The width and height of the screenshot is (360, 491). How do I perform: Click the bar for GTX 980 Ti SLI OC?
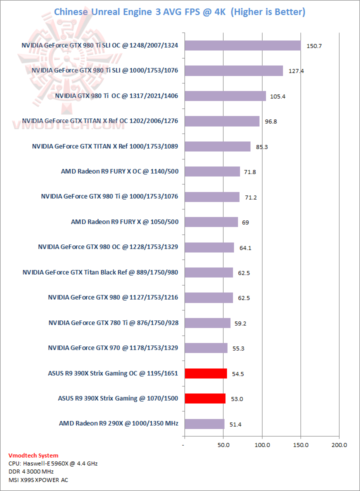pos(242,45)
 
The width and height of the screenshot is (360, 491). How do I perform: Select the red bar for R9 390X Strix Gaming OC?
pos(205,373)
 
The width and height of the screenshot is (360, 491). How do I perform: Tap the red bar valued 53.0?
pos(205,398)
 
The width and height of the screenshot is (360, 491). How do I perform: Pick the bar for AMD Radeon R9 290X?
pos(204,423)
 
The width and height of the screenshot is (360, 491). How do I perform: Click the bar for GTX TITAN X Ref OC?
pos(221,121)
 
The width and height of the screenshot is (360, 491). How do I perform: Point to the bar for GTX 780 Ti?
pos(207,323)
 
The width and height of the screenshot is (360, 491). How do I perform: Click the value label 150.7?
pos(313,46)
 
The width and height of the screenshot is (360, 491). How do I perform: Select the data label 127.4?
pos(296,71)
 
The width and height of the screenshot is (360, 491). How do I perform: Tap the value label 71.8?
pos(250,172)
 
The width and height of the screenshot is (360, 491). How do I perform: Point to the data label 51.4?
pos(235,424)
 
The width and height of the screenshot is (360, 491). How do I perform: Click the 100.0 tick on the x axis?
pos(262,444)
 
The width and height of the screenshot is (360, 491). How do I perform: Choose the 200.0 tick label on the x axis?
pos(339,444)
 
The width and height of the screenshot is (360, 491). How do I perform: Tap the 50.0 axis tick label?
pos(223,444)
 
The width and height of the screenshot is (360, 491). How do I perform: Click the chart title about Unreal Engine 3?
pos(179,11)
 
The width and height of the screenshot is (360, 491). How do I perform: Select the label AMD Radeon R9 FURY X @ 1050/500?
pos(124,221)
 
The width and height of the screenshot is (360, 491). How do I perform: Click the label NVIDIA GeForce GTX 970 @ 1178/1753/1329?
pos(113,347)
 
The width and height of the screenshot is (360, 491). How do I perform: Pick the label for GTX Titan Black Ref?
pos(100,272)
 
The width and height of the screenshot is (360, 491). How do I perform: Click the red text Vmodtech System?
pos(33,455)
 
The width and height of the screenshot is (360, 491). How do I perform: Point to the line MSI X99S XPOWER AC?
pos(38,480)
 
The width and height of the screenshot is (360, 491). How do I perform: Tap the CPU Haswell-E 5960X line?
pos(53,463)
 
